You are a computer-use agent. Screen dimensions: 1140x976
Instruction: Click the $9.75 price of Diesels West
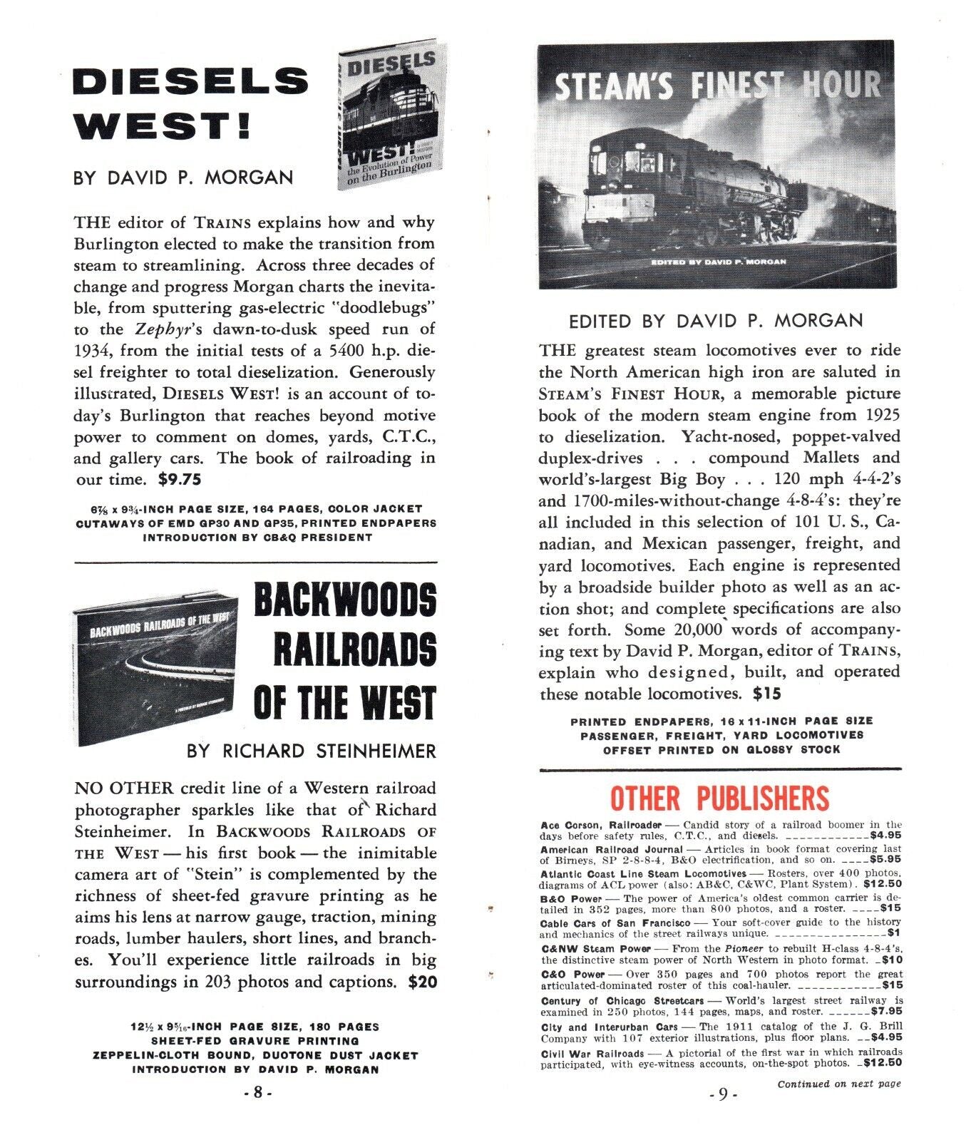tap(180, 480)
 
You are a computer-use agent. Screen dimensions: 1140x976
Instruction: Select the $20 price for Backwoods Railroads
tap(422, 982)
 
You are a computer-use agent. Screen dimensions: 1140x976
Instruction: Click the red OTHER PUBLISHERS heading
tap(719, 798)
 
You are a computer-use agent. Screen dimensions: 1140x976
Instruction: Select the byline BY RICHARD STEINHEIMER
tap(311, 751)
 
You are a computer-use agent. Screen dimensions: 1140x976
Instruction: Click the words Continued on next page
tap(838, 1084)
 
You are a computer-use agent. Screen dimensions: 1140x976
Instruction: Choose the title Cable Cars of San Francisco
tap(615, 923)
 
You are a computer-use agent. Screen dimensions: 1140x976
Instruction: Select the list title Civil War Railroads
tap(592, 1053)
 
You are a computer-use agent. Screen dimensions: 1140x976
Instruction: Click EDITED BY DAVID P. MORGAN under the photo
tap(715, 322)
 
